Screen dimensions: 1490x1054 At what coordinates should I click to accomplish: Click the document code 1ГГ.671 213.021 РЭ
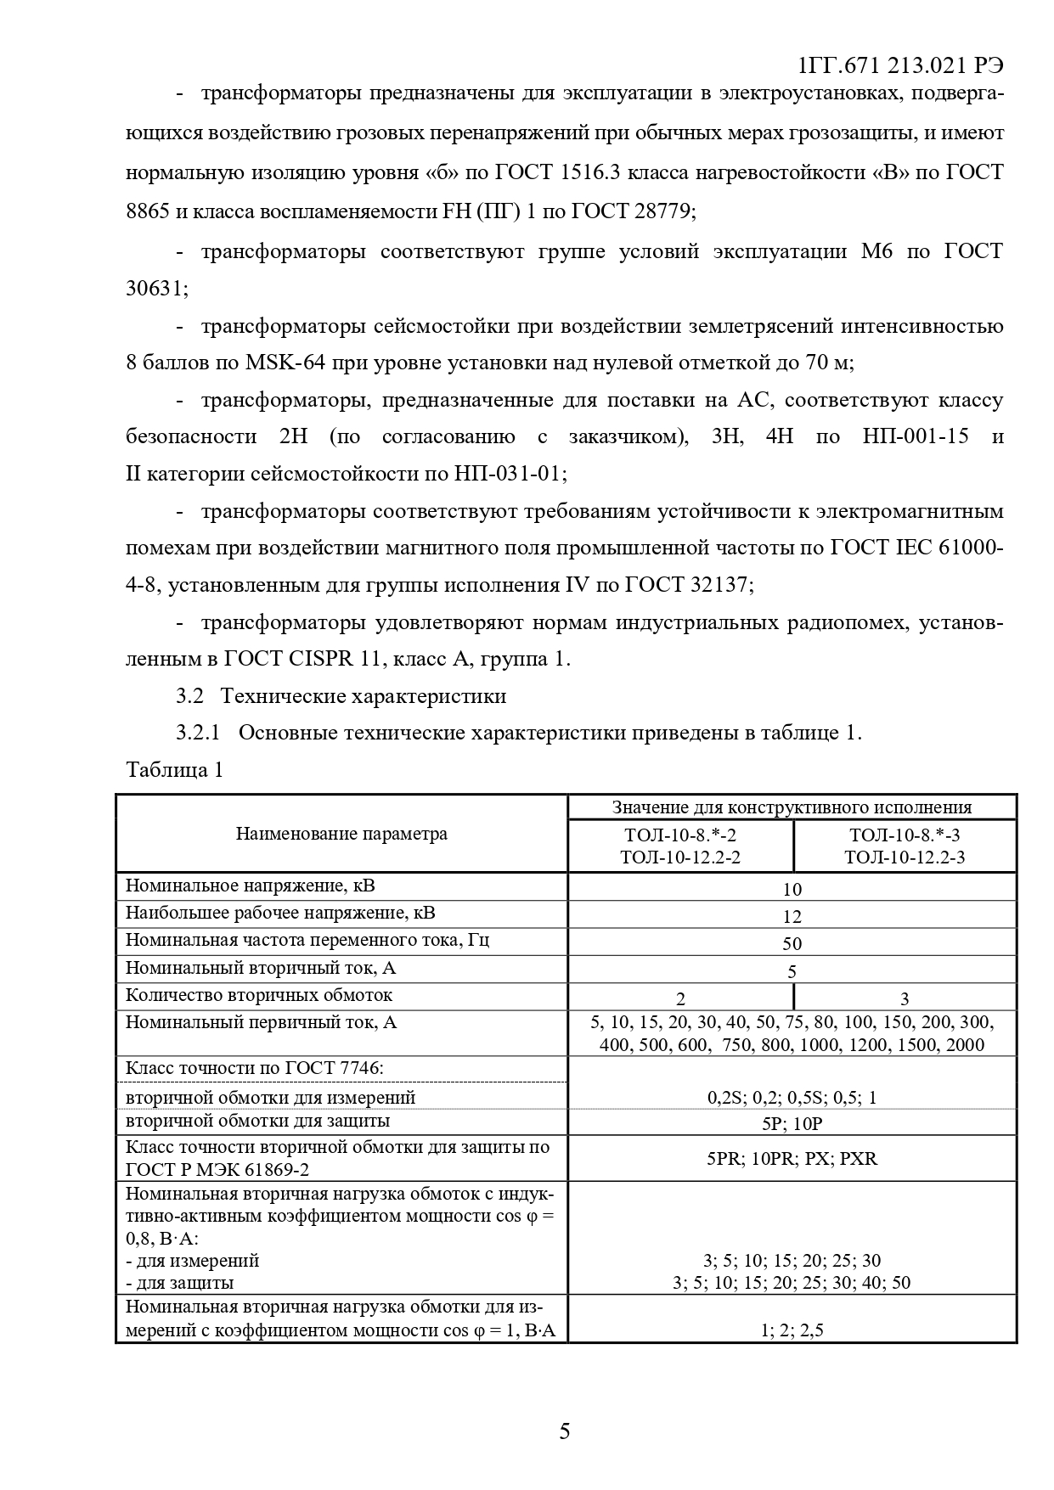point(901,65)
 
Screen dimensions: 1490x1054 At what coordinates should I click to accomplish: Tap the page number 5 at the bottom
point(565,1431)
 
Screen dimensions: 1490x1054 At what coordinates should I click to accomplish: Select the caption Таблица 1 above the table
point(174,770)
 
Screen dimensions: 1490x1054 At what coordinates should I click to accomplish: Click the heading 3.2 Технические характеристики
point(341,696)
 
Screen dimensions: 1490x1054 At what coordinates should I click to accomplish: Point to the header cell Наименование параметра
point(341,834)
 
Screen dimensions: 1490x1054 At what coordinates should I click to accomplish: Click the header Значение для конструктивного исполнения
point(792,807)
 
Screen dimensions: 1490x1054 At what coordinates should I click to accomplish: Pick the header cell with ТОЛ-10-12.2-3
point(905,857)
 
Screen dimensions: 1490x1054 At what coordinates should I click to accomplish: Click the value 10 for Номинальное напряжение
point(792,890)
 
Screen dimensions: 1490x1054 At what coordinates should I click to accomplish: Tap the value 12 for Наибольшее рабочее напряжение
point(792,917)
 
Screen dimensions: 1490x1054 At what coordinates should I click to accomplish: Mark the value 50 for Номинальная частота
point(792,944)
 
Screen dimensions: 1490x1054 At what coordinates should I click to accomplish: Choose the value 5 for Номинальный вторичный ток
point(792,971)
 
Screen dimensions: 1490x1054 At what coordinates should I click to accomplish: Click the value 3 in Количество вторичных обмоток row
point(905,999)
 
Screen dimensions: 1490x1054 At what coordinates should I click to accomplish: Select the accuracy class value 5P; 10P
point(792,1123)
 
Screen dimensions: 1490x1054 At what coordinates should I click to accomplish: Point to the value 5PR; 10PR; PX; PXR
point(792,1158)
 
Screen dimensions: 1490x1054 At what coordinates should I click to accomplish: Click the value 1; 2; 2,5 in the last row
point(792,1330)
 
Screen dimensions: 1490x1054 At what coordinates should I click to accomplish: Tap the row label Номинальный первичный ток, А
point(262,1022)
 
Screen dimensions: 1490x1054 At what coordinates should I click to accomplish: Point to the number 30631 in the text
point(153,289)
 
